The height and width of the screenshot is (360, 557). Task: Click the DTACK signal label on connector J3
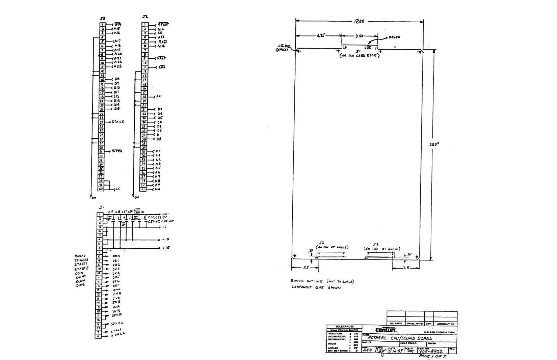(118, 122)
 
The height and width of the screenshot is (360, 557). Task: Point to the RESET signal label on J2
(163, 24)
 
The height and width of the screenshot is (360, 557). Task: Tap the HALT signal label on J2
(162, 58)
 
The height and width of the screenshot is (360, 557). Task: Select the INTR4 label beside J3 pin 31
(117, 151)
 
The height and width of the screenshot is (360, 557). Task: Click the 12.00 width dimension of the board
(359, 21)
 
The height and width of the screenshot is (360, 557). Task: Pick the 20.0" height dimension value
(434, 144)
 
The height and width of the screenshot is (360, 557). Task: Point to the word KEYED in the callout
(394, 37)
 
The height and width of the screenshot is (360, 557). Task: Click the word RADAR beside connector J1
(80, 256)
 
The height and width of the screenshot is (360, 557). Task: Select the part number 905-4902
(433, 351)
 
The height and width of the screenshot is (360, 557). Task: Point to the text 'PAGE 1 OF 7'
(432, 356)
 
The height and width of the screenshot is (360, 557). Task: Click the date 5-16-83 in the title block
(396, 351)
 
